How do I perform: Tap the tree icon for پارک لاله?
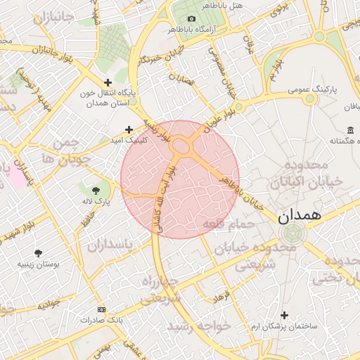96,190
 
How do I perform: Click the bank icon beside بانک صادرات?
102,309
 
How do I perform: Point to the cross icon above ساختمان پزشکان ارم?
284,315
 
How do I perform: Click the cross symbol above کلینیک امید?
128,129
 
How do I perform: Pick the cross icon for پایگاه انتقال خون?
107,83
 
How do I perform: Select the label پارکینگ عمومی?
314,91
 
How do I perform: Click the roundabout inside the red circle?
181,146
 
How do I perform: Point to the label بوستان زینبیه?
38,265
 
